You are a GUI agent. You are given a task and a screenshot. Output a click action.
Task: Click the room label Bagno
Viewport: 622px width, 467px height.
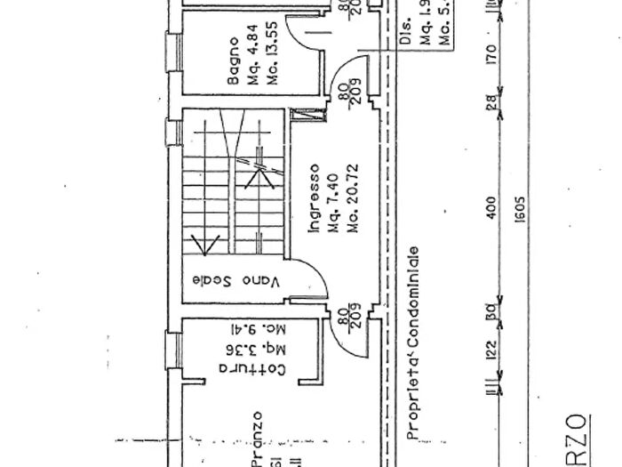click(234, 61)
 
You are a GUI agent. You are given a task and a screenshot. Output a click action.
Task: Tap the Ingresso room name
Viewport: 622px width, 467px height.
click(313, 197)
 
